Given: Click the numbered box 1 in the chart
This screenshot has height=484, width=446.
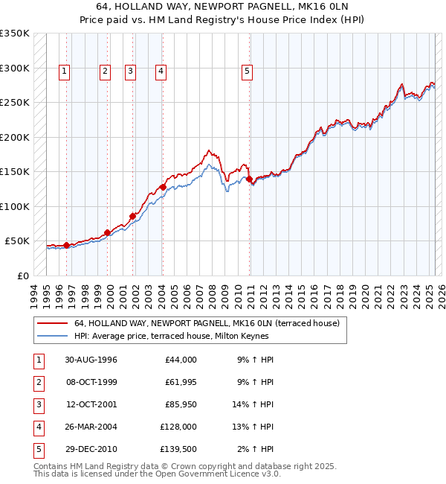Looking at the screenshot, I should tap(65, 71).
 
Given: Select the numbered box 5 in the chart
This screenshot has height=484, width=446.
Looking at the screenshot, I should tap(247, 71).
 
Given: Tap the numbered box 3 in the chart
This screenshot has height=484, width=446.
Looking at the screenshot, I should tap(130, 71).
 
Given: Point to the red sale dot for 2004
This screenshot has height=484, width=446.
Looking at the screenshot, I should tap(163, 187).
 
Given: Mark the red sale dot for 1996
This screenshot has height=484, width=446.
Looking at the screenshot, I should tap(67, 245).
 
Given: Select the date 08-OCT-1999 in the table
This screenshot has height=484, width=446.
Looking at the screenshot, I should tap(91, 382).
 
